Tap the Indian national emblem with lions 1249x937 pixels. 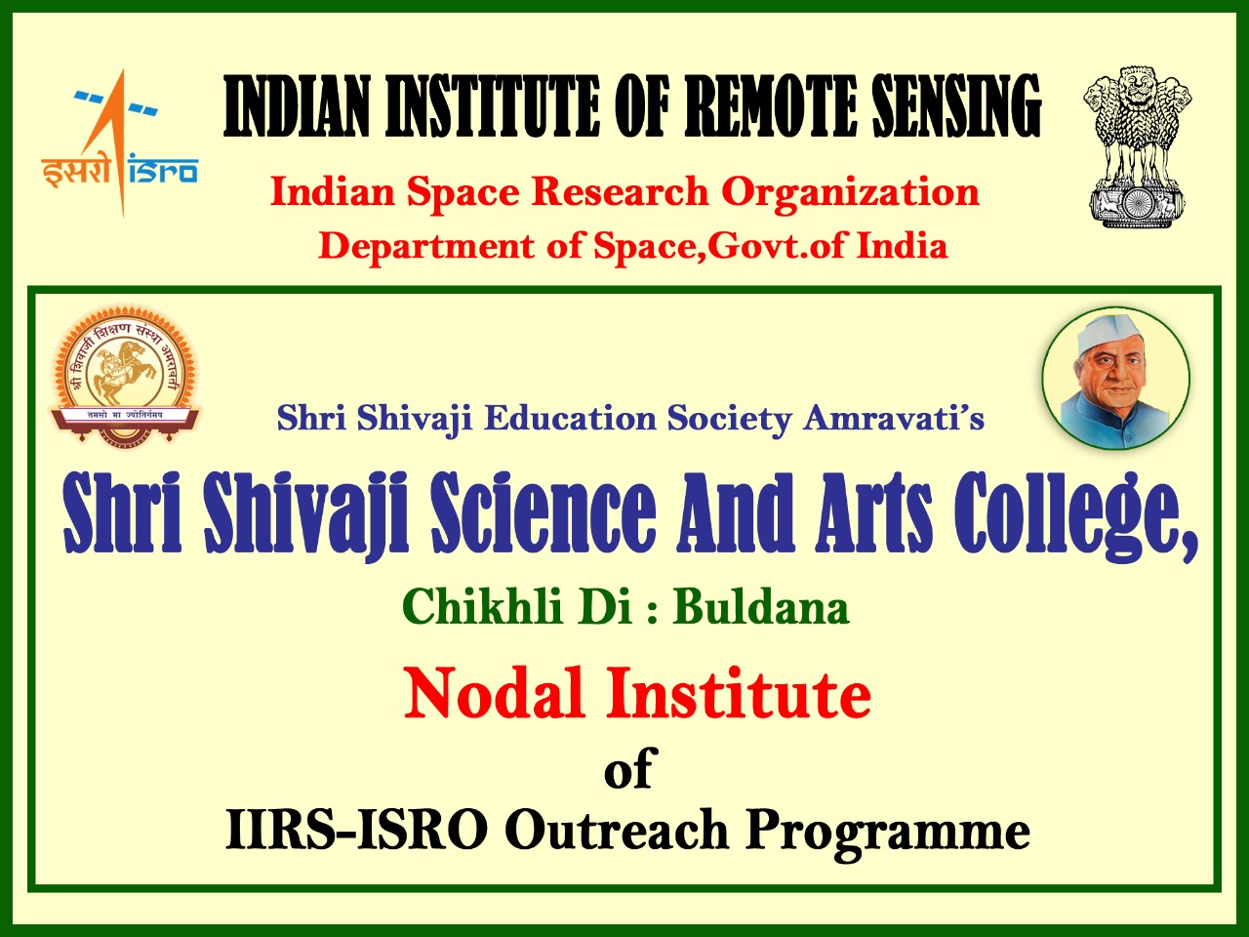(1136, 146)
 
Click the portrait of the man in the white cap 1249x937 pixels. (1115, 380)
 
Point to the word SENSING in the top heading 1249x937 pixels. (955, 106)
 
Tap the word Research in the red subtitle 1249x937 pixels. (619, 192)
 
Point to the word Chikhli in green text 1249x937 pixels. (482, 607)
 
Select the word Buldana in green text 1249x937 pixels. (761, 607)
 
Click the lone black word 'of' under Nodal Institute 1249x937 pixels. (627, 770)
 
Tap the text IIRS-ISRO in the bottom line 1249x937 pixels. (355, 831)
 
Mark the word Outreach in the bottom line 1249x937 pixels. (616, 831)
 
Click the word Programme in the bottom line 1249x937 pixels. (888, 833)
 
